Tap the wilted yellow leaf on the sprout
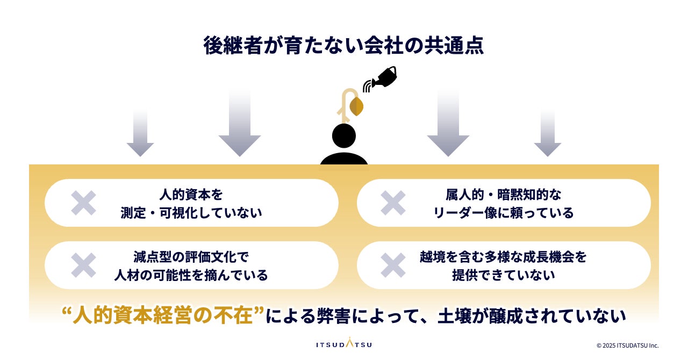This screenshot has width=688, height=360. coord(356,106)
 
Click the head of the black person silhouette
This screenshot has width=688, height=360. coord(344,135)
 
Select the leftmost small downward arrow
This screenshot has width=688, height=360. coord(140,133)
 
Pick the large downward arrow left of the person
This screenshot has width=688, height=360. coord(240,123)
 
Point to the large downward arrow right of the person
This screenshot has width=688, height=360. coord(448,123)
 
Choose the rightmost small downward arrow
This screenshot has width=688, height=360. coord(548,133)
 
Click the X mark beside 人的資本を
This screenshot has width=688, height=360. coord(83,203)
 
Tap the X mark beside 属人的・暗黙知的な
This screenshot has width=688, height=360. coord(393,203)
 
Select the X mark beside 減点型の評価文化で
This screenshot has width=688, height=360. coord(83,265)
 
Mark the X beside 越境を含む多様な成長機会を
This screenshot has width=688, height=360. coord(393,265)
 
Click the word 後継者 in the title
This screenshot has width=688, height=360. coord(233,45)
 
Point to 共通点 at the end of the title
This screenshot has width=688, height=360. coord(454,45)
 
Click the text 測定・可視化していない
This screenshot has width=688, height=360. coord(191,213)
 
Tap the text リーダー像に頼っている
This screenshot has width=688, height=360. coord(504,213)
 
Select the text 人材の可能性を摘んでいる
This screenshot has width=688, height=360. coord(191,275)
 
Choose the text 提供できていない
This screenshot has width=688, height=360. coord(504,275)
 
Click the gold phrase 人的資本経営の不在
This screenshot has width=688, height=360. coord(163,315)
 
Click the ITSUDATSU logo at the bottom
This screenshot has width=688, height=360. coord(344,343)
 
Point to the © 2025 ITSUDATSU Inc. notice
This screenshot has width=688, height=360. coord(627,345)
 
